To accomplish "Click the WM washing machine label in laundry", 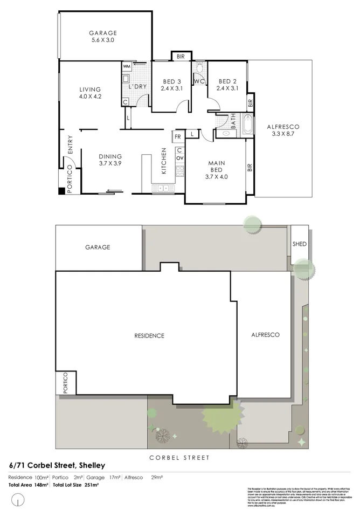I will click(127, 66).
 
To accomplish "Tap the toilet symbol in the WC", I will click(199, 67).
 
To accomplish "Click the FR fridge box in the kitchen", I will click(177, 137).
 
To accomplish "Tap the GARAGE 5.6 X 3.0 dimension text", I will click(102, 40).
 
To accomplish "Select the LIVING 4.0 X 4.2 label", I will click(90, 93).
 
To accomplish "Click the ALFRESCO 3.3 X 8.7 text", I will click(283, 130).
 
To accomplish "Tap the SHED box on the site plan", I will click(299, 244).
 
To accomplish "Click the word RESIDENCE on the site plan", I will click(149, 336).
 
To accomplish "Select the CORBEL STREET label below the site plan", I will click(179, 458).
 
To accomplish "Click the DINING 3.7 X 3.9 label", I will click(110, 160).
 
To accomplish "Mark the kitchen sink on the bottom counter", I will click(161, 188).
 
